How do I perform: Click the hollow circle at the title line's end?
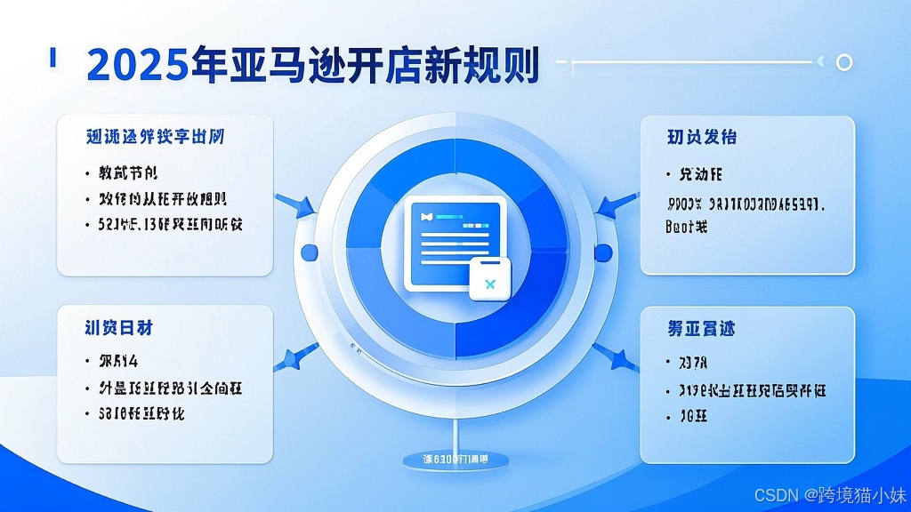845,62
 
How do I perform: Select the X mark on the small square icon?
488,284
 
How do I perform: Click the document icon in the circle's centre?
455,242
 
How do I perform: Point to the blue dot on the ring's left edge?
310,252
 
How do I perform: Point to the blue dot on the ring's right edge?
602,252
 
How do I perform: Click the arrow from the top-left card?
297,204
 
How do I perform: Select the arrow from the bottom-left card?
293,357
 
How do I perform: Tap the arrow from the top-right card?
616,204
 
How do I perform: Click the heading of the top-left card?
156,137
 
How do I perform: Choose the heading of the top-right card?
702,138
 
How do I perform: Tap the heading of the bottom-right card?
701,329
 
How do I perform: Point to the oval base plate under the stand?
455,459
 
